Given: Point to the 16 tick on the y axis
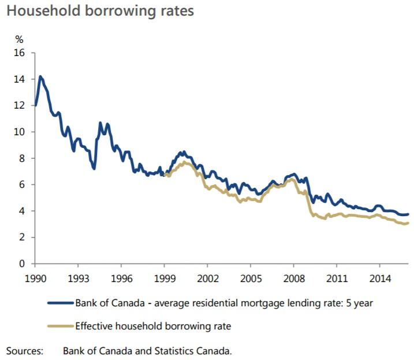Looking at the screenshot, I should pos(21,53).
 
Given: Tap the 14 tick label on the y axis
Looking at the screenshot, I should pos(21,79).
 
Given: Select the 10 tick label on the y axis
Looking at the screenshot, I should pos(21,132).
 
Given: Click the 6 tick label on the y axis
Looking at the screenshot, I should pos(23,184).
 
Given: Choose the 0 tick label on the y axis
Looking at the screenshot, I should pos(23,263).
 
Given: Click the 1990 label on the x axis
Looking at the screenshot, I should pos(35,278).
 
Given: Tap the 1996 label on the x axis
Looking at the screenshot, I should pos(121,278).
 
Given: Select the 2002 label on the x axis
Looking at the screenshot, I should pos(207,278).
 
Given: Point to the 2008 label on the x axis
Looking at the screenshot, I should pos(293,278).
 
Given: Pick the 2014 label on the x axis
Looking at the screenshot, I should pos(379,278).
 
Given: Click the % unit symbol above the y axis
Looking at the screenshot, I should pos(19,39).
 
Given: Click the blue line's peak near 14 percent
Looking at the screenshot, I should pos(40,76).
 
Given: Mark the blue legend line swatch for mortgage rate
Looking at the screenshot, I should pos(60,302).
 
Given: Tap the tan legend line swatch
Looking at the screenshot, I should pos(60,326).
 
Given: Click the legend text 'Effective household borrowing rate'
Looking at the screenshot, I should pos(153,326).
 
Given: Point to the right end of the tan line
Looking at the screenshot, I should pos(408,223).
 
